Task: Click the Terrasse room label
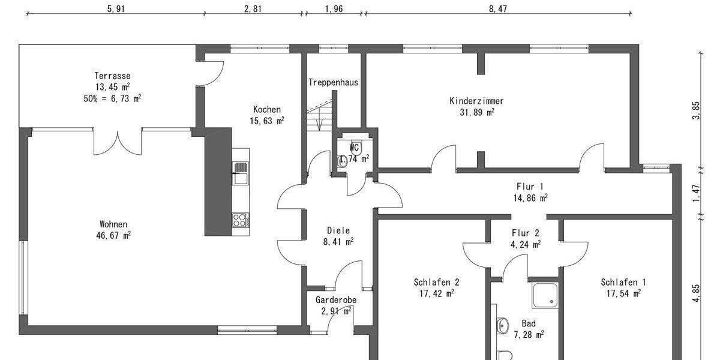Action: (x=112, y=76)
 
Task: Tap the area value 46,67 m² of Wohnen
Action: (x=112, y=235)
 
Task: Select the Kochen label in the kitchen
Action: (x=266, y=109)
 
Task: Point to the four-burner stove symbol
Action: (x=240, y=220)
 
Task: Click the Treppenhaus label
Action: (x=334, y=82)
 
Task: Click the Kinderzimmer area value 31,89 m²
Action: (x=477, y=112)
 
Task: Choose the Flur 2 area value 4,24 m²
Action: (x=526, y=244)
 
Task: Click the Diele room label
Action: (x=338, y=230)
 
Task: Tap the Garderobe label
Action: (x=336, y=300)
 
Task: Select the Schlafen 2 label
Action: (x=436, y=282)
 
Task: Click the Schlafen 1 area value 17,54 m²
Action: (x=623, y=293)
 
